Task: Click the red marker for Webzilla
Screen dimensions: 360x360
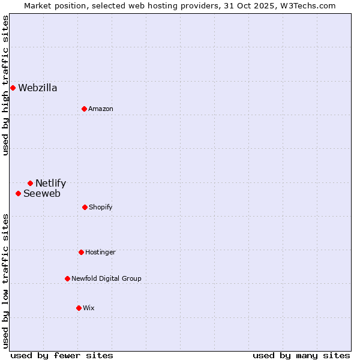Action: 13,88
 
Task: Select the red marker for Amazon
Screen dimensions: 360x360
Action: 85,109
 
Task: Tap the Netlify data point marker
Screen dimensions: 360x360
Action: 30,183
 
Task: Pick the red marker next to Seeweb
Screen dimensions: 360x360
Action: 19,193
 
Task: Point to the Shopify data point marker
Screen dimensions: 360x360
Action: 85,207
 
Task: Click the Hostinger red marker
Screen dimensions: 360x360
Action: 81,252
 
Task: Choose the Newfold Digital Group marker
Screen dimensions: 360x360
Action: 67,278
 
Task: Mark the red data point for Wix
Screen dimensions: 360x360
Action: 79,308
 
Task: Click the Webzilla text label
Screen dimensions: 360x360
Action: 38,88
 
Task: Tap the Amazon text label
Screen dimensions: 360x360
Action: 101,109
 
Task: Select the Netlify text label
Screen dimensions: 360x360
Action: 51,183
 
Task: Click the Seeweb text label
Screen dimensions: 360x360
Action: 42,193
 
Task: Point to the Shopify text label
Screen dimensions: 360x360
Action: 101,207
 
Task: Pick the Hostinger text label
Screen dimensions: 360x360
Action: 100,252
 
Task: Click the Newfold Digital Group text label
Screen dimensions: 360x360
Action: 106,278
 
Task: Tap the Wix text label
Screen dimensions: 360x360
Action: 89,308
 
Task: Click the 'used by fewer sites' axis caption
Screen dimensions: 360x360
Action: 62,355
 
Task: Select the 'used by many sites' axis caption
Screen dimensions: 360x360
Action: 301,355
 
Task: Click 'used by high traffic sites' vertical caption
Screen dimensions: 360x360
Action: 5,85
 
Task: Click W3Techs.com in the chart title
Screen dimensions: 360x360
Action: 305,5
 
